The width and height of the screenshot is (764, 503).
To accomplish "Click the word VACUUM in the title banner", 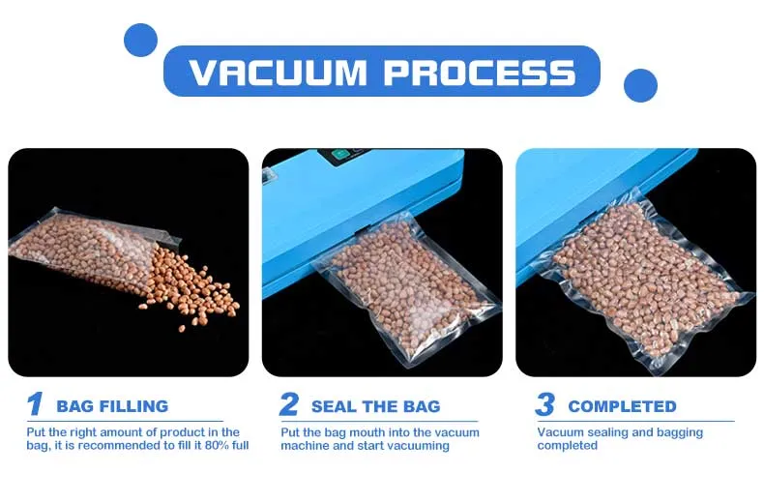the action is pyautogui.click(x=278, y=73).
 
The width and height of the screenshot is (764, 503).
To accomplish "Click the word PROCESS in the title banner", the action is pyautogui.click(x=480, y=73).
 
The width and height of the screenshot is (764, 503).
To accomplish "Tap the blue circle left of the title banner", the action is pyautogui.click(x=141, y=40).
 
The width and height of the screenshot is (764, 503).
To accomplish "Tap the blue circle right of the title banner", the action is pyautogui.click(x=640, y=85).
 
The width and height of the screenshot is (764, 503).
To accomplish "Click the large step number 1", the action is pyautogui.click(x=35, y=404).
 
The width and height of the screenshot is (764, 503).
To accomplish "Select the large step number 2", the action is pyautogui.click(x=289, y=404).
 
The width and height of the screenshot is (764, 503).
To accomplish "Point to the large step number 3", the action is pyautogui.click(x=544, y=404).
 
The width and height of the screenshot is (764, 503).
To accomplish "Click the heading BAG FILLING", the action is pyautogui.click(x=112, y=406).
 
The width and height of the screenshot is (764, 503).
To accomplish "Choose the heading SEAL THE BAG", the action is pyautogui.click(x=375, y=406).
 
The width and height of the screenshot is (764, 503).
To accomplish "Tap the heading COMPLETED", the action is pyautogui.click(x=622, y=406).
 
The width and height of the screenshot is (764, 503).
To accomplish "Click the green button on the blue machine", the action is pyautogui.click(x=339, y=154).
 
